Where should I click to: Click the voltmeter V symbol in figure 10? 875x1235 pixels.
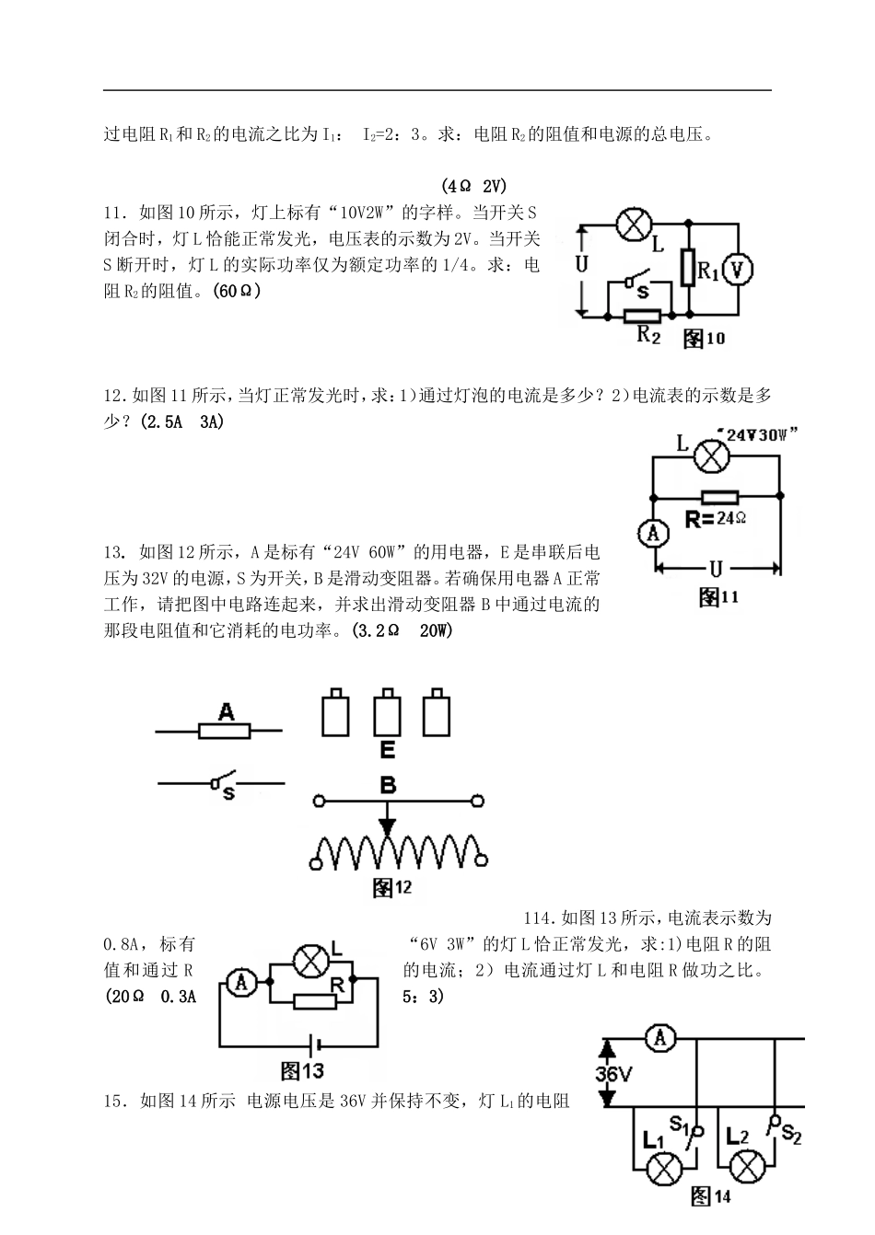pos(738,269)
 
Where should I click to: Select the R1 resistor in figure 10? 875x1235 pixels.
pos(687,268)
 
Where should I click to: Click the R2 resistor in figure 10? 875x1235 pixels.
pos(642,316)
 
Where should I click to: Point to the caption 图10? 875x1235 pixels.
pos(705,339)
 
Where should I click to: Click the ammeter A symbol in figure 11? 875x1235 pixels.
pos(651,534)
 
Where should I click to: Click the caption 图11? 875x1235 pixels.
pos(719,598)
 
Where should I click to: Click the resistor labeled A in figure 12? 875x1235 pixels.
pos(224,731)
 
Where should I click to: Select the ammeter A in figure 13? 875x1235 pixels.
pos(241,984)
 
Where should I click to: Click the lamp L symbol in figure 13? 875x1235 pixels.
pos(310,963)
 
